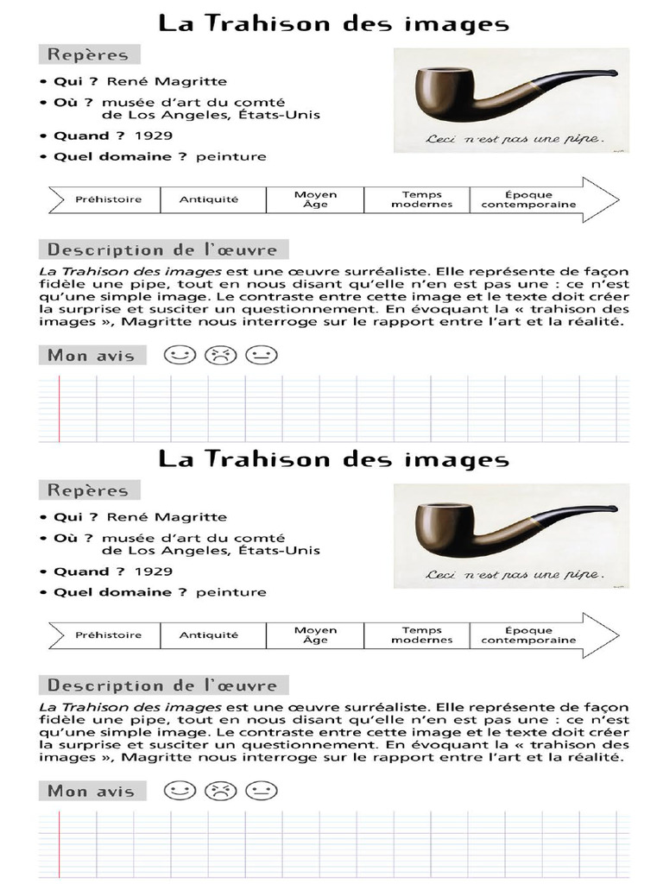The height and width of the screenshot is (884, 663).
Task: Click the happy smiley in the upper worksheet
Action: tap(180, 355)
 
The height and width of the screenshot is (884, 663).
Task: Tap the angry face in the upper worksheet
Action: tap(220, 355)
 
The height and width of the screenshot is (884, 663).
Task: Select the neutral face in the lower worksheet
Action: tap(261, 791)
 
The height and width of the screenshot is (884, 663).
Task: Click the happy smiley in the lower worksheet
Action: tap(180, 791)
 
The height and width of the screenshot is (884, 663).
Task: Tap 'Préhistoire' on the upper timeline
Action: tap(108, 199)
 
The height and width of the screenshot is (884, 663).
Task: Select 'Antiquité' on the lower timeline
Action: tap(208, 635)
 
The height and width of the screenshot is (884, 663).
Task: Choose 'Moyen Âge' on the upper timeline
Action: tap(315, 199)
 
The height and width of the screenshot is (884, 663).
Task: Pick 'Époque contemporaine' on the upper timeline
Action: tap(528, 199)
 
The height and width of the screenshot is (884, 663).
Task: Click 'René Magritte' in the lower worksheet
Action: tap(167, 517)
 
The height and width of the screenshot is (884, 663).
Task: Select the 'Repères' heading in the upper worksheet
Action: tap(88, 54)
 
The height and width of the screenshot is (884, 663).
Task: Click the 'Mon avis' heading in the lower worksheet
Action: tap(91, 791)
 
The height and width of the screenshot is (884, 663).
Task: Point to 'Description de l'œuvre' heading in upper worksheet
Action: tap(162, 250)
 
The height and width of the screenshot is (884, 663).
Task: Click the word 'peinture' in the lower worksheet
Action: tap(231, 592)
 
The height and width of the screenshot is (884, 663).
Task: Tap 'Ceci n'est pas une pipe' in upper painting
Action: tap(515, 137)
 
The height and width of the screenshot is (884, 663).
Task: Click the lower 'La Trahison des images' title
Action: tap(333, 459)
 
